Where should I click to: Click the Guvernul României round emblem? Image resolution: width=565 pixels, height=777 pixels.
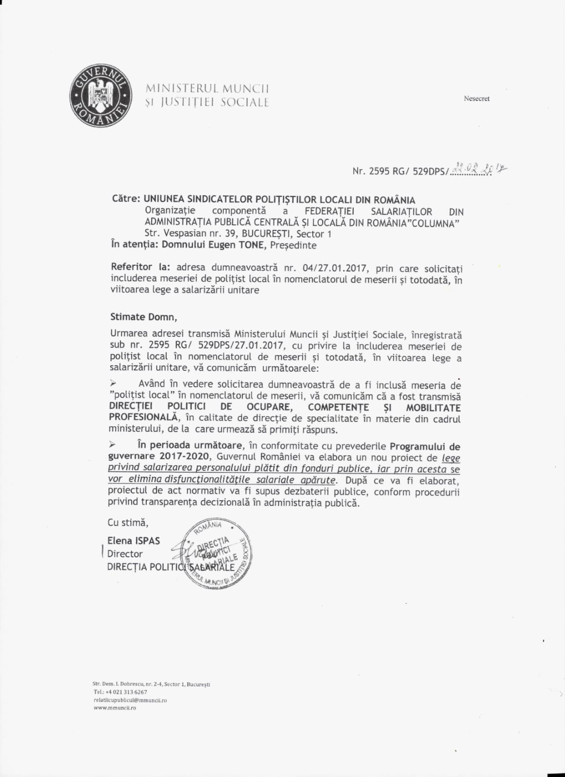(x=101, y=96)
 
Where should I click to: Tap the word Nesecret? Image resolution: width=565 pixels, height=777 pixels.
(x=477, y=99)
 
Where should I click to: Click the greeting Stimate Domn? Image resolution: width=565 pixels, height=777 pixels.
(x=143, y=317)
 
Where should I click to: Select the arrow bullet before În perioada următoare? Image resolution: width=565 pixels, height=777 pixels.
(x=113, y=444)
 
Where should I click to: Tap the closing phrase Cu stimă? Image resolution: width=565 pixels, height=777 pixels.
(x=128, y=523)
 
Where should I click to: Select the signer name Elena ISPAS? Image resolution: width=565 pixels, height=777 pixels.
(x=134, y=541)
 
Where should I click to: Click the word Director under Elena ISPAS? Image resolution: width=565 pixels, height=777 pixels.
(x=125, y=554)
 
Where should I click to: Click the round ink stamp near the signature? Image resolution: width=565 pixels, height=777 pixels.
(x=217, y=553)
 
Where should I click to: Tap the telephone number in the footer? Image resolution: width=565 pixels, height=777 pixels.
(x=127, y=692)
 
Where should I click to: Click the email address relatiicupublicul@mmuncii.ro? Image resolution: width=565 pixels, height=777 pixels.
(x=130, y=700)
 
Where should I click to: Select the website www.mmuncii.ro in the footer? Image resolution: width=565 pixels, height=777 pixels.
(x=115, y=708)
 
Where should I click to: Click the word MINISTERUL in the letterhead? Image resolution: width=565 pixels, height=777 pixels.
(x=182, y=89)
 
